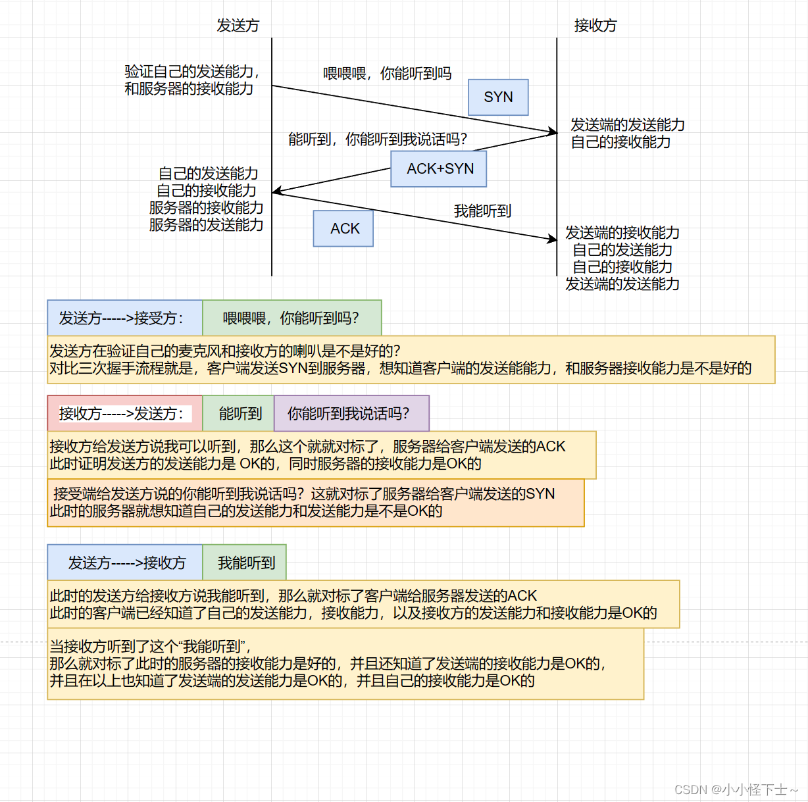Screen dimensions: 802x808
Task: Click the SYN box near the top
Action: tap(498, 97)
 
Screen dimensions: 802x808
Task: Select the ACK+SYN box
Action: tap(439, 169)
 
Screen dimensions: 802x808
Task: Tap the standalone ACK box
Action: tap(343, 228)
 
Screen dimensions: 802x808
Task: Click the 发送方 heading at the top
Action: tap(238, 26)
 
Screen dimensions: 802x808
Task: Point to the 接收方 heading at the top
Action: tap(595, 26)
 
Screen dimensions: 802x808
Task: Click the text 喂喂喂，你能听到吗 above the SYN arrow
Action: tap(387, 74)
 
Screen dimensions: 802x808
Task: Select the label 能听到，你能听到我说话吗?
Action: tap(378, 139)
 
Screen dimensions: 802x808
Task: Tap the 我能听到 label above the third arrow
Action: tap(482, 211)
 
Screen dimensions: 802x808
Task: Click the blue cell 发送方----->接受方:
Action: tap(125, 318)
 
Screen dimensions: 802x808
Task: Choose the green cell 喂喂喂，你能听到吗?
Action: tap(291, 318)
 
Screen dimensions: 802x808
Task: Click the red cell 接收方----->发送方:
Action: tap(125, 414)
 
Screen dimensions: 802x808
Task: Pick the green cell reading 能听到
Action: tap(240, 414)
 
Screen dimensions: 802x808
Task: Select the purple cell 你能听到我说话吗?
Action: tap(351, 414)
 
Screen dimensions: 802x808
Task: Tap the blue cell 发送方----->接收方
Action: tap(125, 563)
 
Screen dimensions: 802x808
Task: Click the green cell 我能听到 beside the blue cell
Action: tap(245, 563)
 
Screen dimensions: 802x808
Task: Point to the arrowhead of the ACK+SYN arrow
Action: tap(276, 191)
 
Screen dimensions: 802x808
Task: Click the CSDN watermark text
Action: tap(736, 789)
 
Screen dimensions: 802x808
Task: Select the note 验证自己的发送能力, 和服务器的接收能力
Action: tap(191, 80)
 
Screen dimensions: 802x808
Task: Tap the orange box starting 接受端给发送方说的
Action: tap(315, 503)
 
